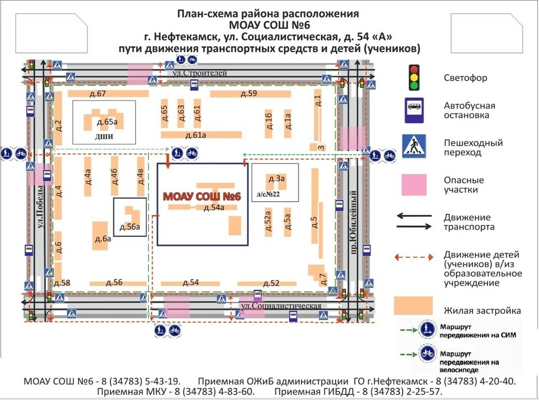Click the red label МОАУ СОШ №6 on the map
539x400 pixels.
(x=202, y=197)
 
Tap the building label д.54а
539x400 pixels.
(x=214, y=208)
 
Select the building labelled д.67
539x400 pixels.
(x=108, y=93)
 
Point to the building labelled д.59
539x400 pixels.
(x=251, y=93)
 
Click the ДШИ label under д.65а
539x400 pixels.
(x=104, y=137)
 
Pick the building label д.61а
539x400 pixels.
(x=195, y=135)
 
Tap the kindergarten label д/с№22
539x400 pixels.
(x=268, y=195)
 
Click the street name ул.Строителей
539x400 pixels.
(x=200, y=73)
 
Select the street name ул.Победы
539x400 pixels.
(x=40, y=210)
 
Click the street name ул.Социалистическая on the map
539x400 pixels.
(x=281, y=306)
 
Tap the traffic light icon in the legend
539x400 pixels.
(x=414, y=78)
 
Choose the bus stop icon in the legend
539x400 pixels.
(x=414, y=111)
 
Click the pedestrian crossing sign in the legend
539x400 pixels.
(x=414, y=146)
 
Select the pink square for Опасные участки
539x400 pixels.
(x=414, y=185)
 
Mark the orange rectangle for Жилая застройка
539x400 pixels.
(x=414, y=306)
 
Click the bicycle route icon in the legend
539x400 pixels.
(x=428, y=353)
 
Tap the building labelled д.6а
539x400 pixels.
(x=100, y=235)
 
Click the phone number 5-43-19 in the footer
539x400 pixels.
(x=162, y=381)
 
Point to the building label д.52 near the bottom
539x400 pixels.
(x=271, y=283)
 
